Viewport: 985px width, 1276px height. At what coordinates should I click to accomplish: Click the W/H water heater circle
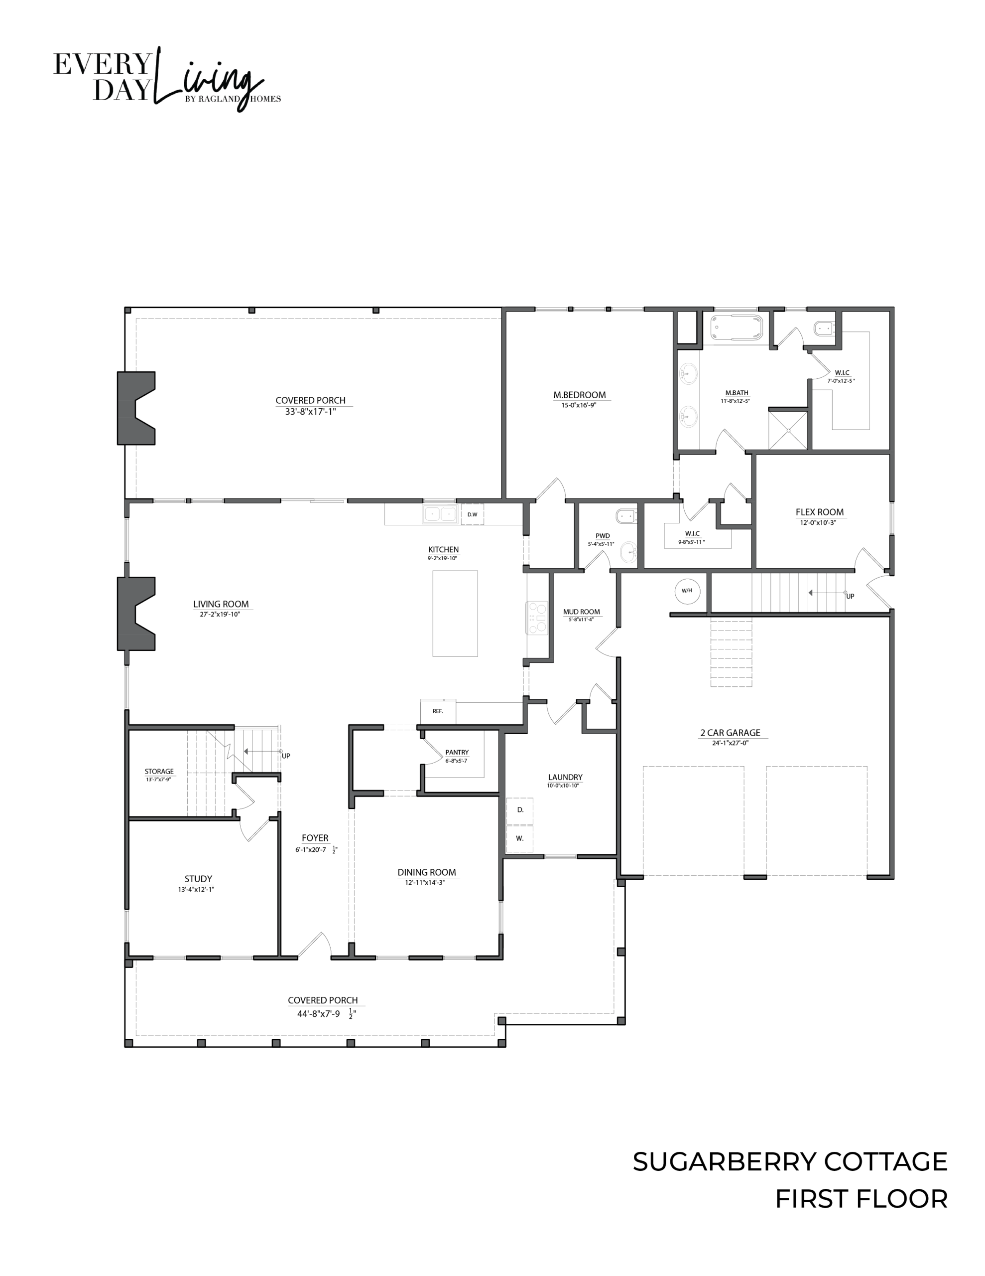pyautogui.click(x=687, y=591)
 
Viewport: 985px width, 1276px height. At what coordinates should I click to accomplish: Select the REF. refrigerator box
pyautogui.click(x=438, y=711)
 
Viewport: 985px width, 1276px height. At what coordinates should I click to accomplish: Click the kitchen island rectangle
pyautogui.click(x=455, y=614)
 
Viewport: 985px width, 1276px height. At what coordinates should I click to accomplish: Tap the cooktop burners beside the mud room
pyautogui.click(x=537, y=618)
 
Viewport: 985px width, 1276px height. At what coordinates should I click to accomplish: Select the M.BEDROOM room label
pyautogui.click(x=580, y=395)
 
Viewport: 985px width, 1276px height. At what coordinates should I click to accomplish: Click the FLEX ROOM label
pyautogui.click(x=820, y=512)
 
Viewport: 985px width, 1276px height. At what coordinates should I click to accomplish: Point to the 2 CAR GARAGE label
pyautogui.click(x=731, y=733)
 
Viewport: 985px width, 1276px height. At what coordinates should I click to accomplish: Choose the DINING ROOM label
pyautogui.click(x=427, y=872)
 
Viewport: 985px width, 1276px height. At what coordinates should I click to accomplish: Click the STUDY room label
pyautogui.click(x=199, y=879)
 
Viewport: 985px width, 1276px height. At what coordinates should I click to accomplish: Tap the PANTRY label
pyautogui.click(x=457, y=753)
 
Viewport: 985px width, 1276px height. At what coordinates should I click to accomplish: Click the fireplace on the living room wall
pyautogui.click(x=136, y=614)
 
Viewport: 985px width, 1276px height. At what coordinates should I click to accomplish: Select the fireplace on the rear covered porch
pyautogui.click(x=136, y=408)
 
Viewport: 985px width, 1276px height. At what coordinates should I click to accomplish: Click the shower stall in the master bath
pyautogui.click(x=788, y=431)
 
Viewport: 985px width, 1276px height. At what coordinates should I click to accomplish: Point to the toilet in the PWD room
pyautogui.click(x=626, y=516)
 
